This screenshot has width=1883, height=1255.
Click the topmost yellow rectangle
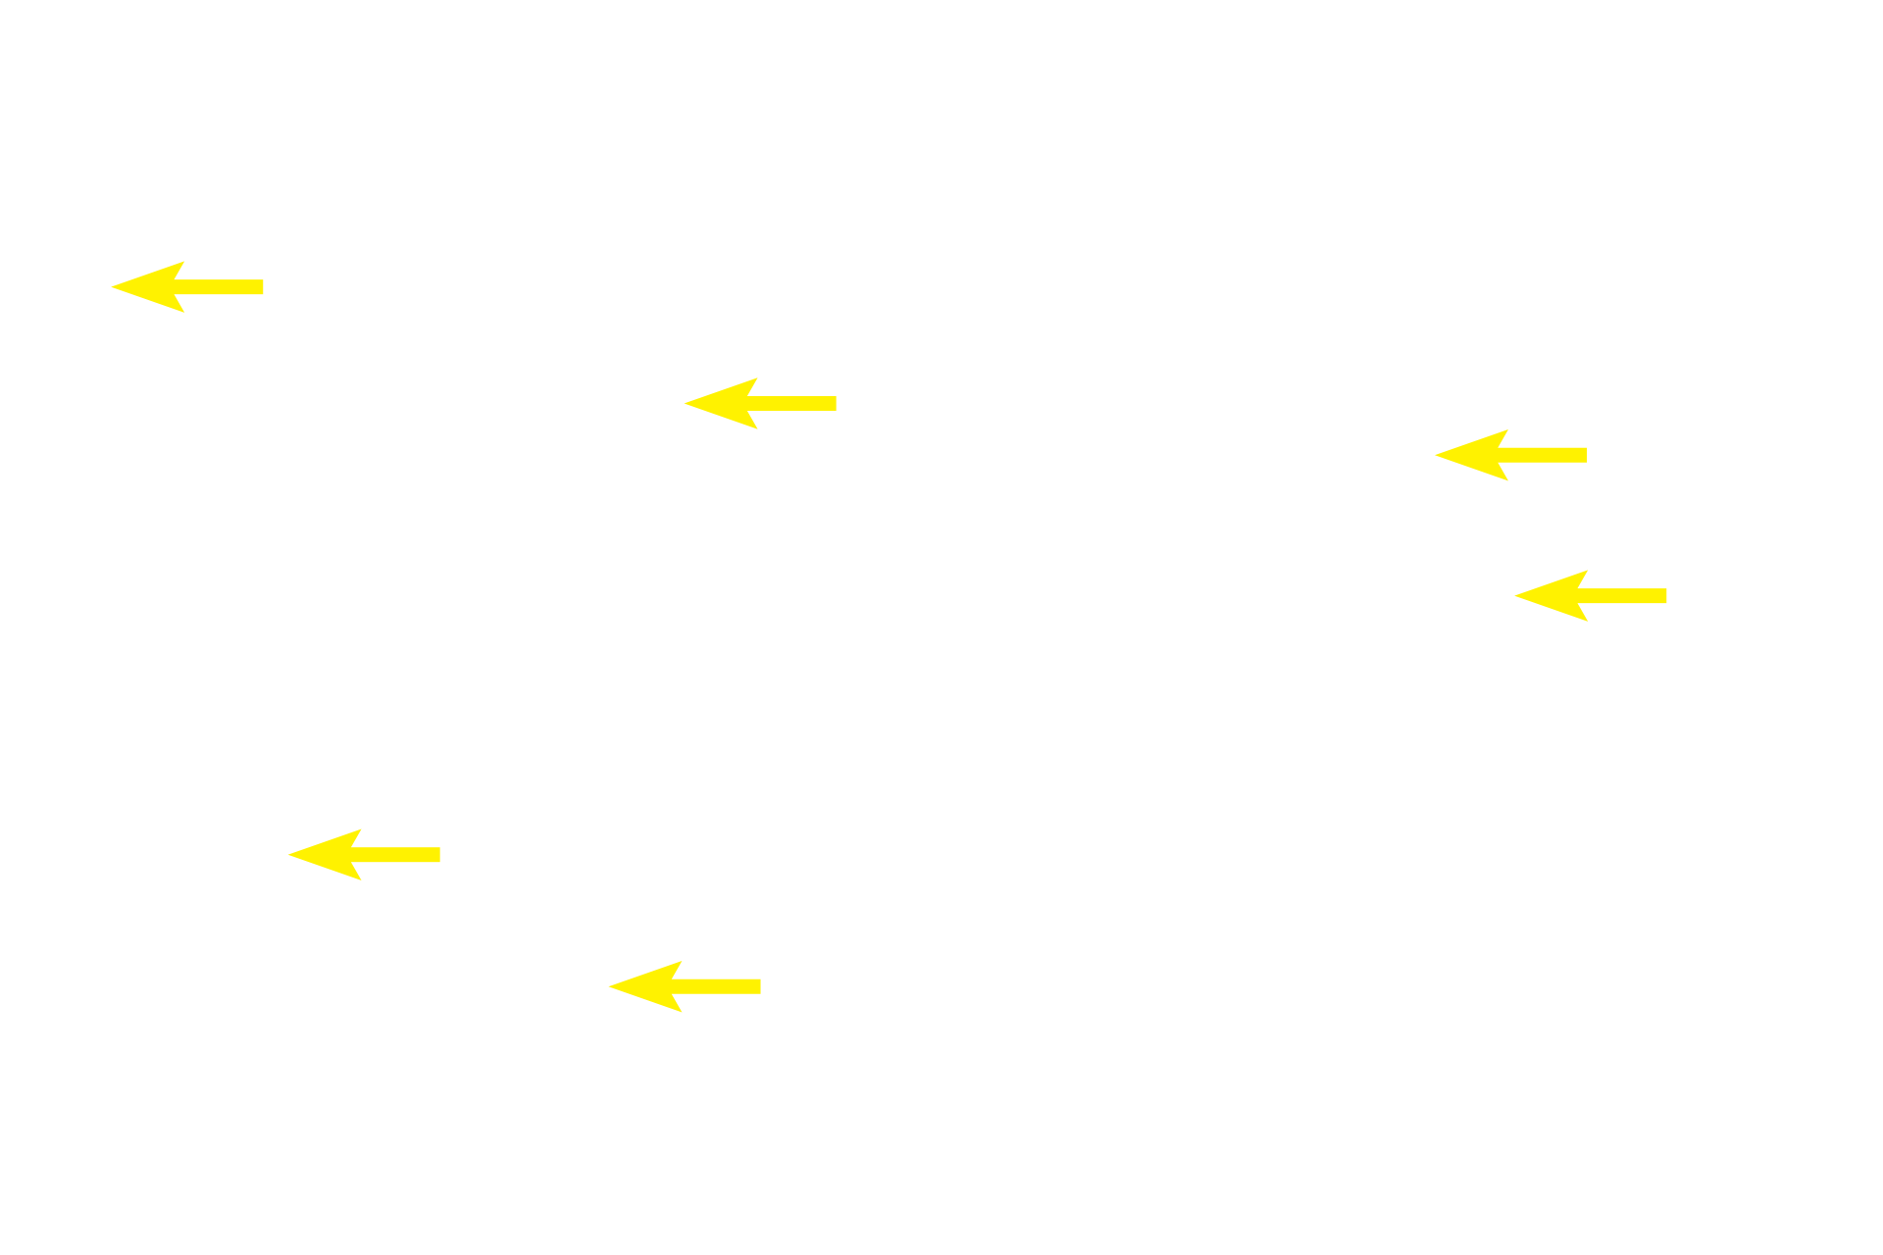click(187, 287)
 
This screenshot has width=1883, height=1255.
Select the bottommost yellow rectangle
click(685, 986)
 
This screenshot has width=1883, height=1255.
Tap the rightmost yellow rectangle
click(1590, 595)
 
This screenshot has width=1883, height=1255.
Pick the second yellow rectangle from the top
click(760, 403)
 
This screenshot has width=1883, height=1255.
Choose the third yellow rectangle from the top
click(1510, 455)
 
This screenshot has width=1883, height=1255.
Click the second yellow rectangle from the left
click(364, 854)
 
